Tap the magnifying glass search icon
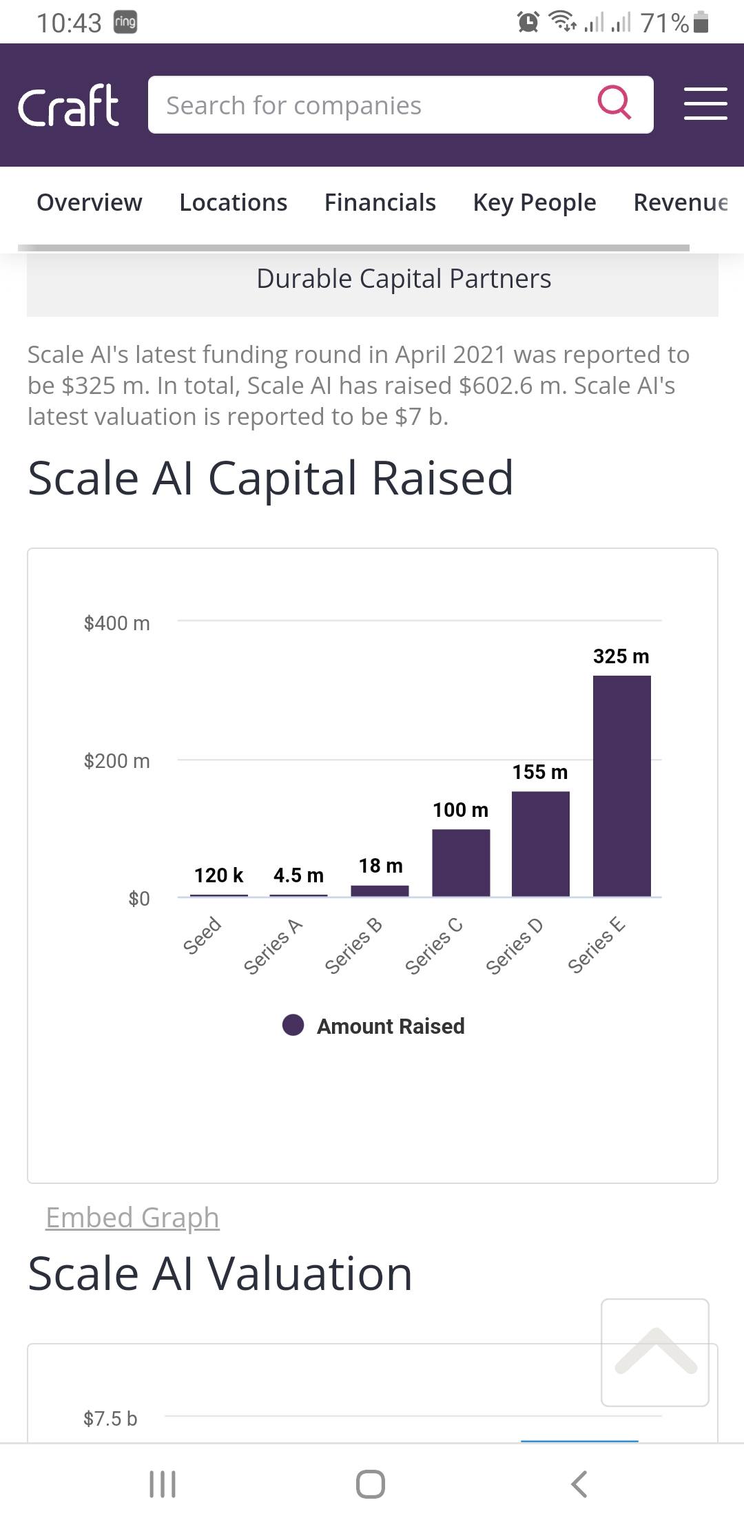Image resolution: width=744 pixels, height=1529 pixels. [x=614, y=103]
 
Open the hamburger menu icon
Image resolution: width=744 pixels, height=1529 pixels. [x=705, y=104]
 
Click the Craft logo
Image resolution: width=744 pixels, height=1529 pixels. [x=68, y=106]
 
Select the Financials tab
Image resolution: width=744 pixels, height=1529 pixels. [x=380, y=202]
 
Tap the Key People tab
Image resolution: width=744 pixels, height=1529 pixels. [x=535, y=202]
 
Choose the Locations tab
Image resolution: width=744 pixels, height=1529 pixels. [x=233, y=202]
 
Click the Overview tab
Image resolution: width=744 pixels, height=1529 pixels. [x=90, y=202]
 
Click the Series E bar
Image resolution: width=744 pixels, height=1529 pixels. [x=621, y=786]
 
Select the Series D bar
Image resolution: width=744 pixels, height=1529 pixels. [x=541, y=844]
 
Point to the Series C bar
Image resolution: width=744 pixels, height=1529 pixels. [x=461, y=862]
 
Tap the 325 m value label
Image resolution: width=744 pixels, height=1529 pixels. [x=621, y=656]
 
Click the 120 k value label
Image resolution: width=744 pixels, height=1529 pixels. [x=218, y=875]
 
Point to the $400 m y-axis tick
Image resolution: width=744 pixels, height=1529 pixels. [x=116, y=623]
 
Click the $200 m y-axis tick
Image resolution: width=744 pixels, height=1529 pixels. [x=116, y=761]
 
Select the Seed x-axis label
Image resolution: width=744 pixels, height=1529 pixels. [x=202, y=935]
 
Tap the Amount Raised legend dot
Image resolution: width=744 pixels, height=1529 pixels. [x=293, y=1025]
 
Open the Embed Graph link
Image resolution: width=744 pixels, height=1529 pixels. [x=132, y=1218]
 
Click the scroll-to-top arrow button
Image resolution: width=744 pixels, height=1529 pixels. [x=655, y=1352]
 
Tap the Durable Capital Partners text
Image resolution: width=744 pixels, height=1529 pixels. [x=404, y=279]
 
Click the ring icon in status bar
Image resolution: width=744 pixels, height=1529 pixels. [x=125, y=22]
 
